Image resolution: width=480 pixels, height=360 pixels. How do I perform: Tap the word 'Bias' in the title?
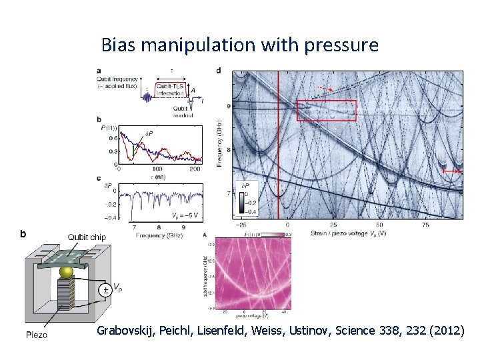(x=117, y=45)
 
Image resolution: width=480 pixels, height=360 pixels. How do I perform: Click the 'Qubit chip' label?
(x=86, y=237)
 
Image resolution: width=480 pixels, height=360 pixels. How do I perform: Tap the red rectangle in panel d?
(x=326, y=111)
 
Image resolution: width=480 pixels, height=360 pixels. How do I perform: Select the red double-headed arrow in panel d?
(x=453, y=171)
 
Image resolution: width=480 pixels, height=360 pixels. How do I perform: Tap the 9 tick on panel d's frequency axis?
(x=228, y=106)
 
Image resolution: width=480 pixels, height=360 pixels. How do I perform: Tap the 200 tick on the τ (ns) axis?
(x=194, y=169)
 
